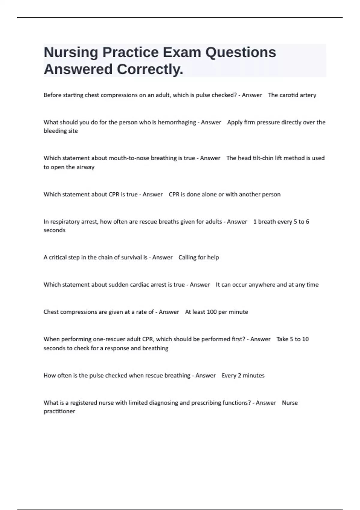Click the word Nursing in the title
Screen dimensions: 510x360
click(x=71, y=52)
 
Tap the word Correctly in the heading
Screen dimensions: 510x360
click(x=150, y=69)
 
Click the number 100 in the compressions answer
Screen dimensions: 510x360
click(x=211, y=312)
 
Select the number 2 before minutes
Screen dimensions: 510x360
click(x=239, y=376)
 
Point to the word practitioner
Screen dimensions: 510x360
click(x=59, y=411)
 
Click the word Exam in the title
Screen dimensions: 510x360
click(x=182, y=52)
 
